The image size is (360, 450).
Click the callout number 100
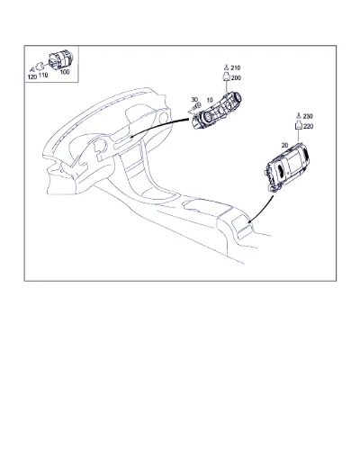tap(65, 72)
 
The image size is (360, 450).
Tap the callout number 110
tap(43, 75)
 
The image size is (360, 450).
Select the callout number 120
tap(32, 77)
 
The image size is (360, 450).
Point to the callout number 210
tap(236, 68)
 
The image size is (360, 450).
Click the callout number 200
tap(236, 78)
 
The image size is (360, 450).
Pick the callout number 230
tap(308, 116)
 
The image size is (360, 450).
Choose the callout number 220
tap(309, 127)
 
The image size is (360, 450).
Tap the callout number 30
tap(194, 99)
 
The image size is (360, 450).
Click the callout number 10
tap(210, 100)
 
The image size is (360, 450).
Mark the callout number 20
tap(284, 145)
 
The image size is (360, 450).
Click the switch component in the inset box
tap(60, 60)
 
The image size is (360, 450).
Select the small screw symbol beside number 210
tap(227, 67)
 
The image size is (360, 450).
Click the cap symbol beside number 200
tap(226, 77)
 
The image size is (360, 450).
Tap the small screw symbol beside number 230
tap(299, 115)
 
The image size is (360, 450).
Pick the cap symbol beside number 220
tap(298, 125)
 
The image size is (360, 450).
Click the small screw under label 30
tap(196, 106)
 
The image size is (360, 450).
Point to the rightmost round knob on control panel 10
tap(238, 98)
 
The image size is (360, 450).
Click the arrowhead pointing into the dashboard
tap(132, 136)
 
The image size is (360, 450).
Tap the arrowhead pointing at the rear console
tap(249, 221)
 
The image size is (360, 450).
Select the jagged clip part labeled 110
tap(40, 67)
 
